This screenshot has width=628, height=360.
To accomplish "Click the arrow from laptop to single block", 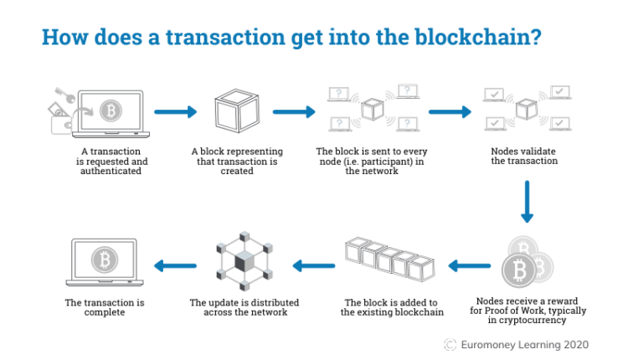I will coord(175,111).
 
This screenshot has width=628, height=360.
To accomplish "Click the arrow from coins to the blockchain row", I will coord(470,266).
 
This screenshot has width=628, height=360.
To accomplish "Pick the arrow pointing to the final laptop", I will coord(173,266).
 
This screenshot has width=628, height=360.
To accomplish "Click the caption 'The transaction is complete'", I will coord(106,307).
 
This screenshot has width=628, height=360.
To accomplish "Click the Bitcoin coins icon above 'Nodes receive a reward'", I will coord(525,264).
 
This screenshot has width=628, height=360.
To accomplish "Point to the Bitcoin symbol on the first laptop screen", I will coord(109,111).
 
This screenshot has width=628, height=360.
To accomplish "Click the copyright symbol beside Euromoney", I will coord(450,344).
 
